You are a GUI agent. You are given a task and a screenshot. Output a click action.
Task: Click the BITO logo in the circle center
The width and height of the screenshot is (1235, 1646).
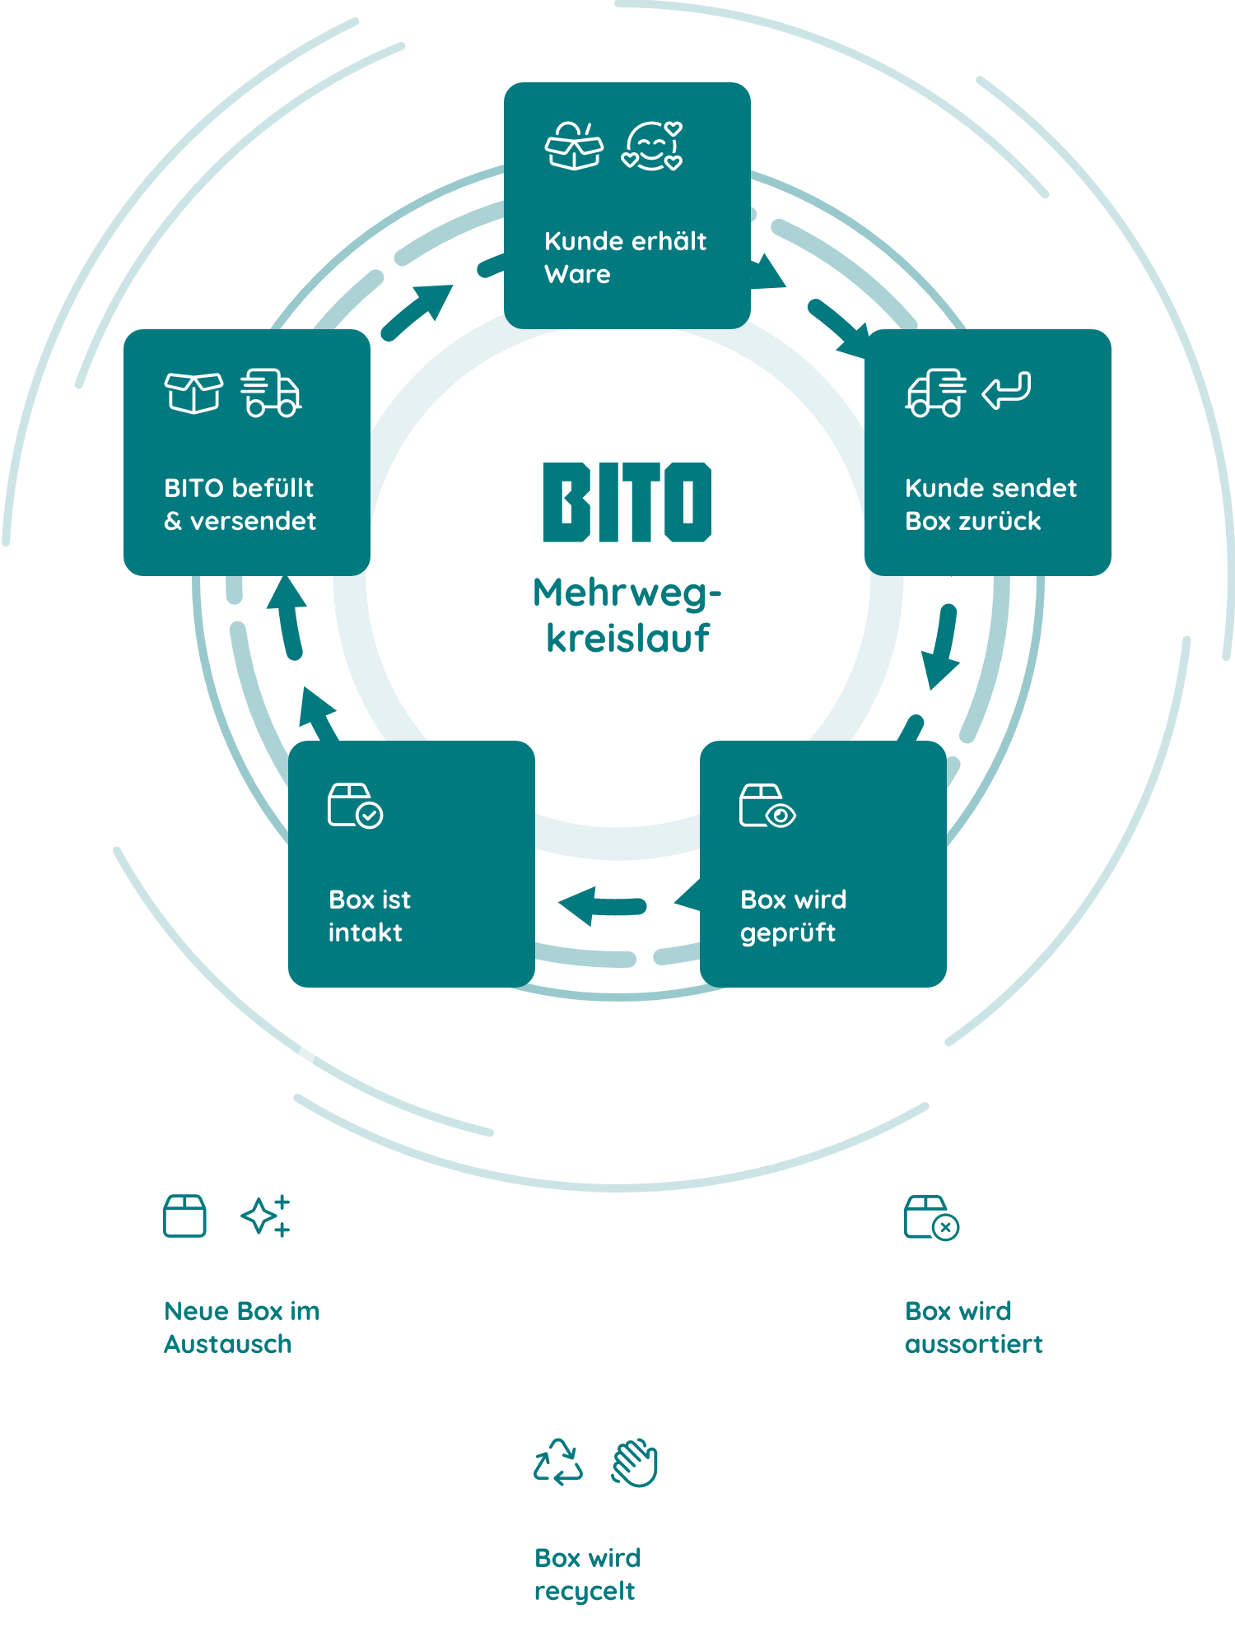(627, 502)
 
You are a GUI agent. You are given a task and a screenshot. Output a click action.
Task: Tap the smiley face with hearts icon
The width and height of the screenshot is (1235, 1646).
(652, 146)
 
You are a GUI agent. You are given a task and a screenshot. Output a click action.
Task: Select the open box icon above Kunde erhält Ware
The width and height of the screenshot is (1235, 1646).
(574, 146)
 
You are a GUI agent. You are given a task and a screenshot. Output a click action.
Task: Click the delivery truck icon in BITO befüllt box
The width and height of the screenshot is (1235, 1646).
(271, 393)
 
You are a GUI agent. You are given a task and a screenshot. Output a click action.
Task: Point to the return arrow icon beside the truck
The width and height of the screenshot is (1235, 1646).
(1006, 390)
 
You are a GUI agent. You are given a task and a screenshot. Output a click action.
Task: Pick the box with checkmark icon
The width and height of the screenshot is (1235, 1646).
(355, 806)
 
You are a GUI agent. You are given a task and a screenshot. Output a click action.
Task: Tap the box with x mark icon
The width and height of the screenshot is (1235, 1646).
(931, 1218)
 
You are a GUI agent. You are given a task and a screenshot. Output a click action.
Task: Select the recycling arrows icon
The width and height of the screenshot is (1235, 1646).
(558, 1462)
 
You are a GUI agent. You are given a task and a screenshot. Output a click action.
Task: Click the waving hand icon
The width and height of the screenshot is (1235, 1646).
(635, 1462)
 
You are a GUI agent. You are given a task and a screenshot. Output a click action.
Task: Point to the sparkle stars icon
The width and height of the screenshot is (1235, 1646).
(266, 1216)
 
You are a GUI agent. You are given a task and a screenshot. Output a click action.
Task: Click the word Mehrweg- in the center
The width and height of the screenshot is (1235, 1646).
(627, 593)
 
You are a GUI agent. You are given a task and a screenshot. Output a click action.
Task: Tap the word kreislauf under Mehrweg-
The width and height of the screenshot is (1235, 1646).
(627, 639)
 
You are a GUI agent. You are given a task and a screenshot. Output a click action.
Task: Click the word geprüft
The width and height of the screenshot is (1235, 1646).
(788, 933)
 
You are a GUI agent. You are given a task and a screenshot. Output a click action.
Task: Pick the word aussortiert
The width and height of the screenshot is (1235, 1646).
(973, 1344)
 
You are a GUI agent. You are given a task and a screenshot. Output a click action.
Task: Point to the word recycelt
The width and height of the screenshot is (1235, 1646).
(585, 1592)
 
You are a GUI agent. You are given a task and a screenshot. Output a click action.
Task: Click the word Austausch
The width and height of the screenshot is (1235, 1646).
(228, 1344)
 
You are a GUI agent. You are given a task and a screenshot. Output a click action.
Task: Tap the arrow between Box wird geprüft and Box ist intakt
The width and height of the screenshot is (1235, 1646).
(602, 906)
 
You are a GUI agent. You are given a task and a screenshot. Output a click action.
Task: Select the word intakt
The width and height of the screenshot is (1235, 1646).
(366, 932)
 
